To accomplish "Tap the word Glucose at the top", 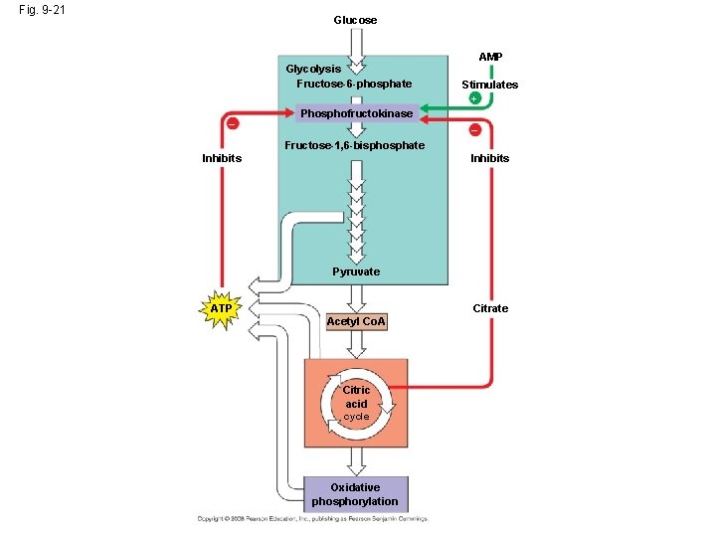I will click(355, 20).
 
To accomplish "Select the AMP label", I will click(490, 58).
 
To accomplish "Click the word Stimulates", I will click(489, 85).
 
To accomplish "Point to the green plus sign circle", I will click(474, 99).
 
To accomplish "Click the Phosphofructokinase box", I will click(356, 114).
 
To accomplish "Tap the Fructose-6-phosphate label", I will click(353, 84).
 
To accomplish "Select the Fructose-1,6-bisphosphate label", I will click(354, 145).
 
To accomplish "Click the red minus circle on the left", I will click(232, 123).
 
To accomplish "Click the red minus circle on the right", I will click(474, 130).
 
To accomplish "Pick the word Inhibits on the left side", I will click(222, 158).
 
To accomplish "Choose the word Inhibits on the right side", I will click(489, 158).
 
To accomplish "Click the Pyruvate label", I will click(356, 271).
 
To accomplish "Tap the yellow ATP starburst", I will click(221, 309).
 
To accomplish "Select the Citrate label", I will click(490, 308).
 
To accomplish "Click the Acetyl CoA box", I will click(356, 322).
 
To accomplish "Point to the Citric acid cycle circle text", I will click(356, 403).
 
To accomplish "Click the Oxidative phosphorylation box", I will click(356, 494).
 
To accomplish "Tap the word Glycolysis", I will click(313, 69).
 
